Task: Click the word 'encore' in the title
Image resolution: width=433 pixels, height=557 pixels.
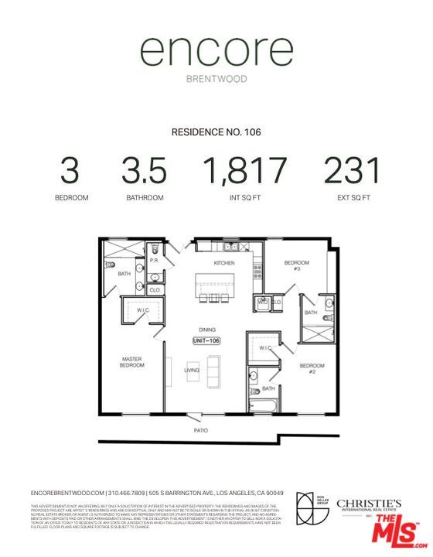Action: [216, 52]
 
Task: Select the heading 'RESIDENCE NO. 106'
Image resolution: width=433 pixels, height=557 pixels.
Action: [216, 132]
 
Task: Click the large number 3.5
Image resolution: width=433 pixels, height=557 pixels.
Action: [145, 171]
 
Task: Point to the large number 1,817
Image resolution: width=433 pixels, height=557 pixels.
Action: [244, 171]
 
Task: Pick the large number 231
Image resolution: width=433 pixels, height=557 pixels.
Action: [352, 171]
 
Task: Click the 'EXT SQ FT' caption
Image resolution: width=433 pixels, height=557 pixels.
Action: [352, 198]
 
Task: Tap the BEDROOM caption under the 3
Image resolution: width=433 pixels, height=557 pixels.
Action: [71, 198]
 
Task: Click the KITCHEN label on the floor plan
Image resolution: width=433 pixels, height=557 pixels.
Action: [224, 264]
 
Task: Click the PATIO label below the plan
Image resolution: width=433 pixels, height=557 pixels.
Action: [201, 430]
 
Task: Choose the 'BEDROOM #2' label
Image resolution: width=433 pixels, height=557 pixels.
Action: [312, 367]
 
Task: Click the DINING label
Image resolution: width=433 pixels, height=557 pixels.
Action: [207, 329]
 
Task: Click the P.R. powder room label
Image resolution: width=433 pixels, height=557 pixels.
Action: [155, 260]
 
